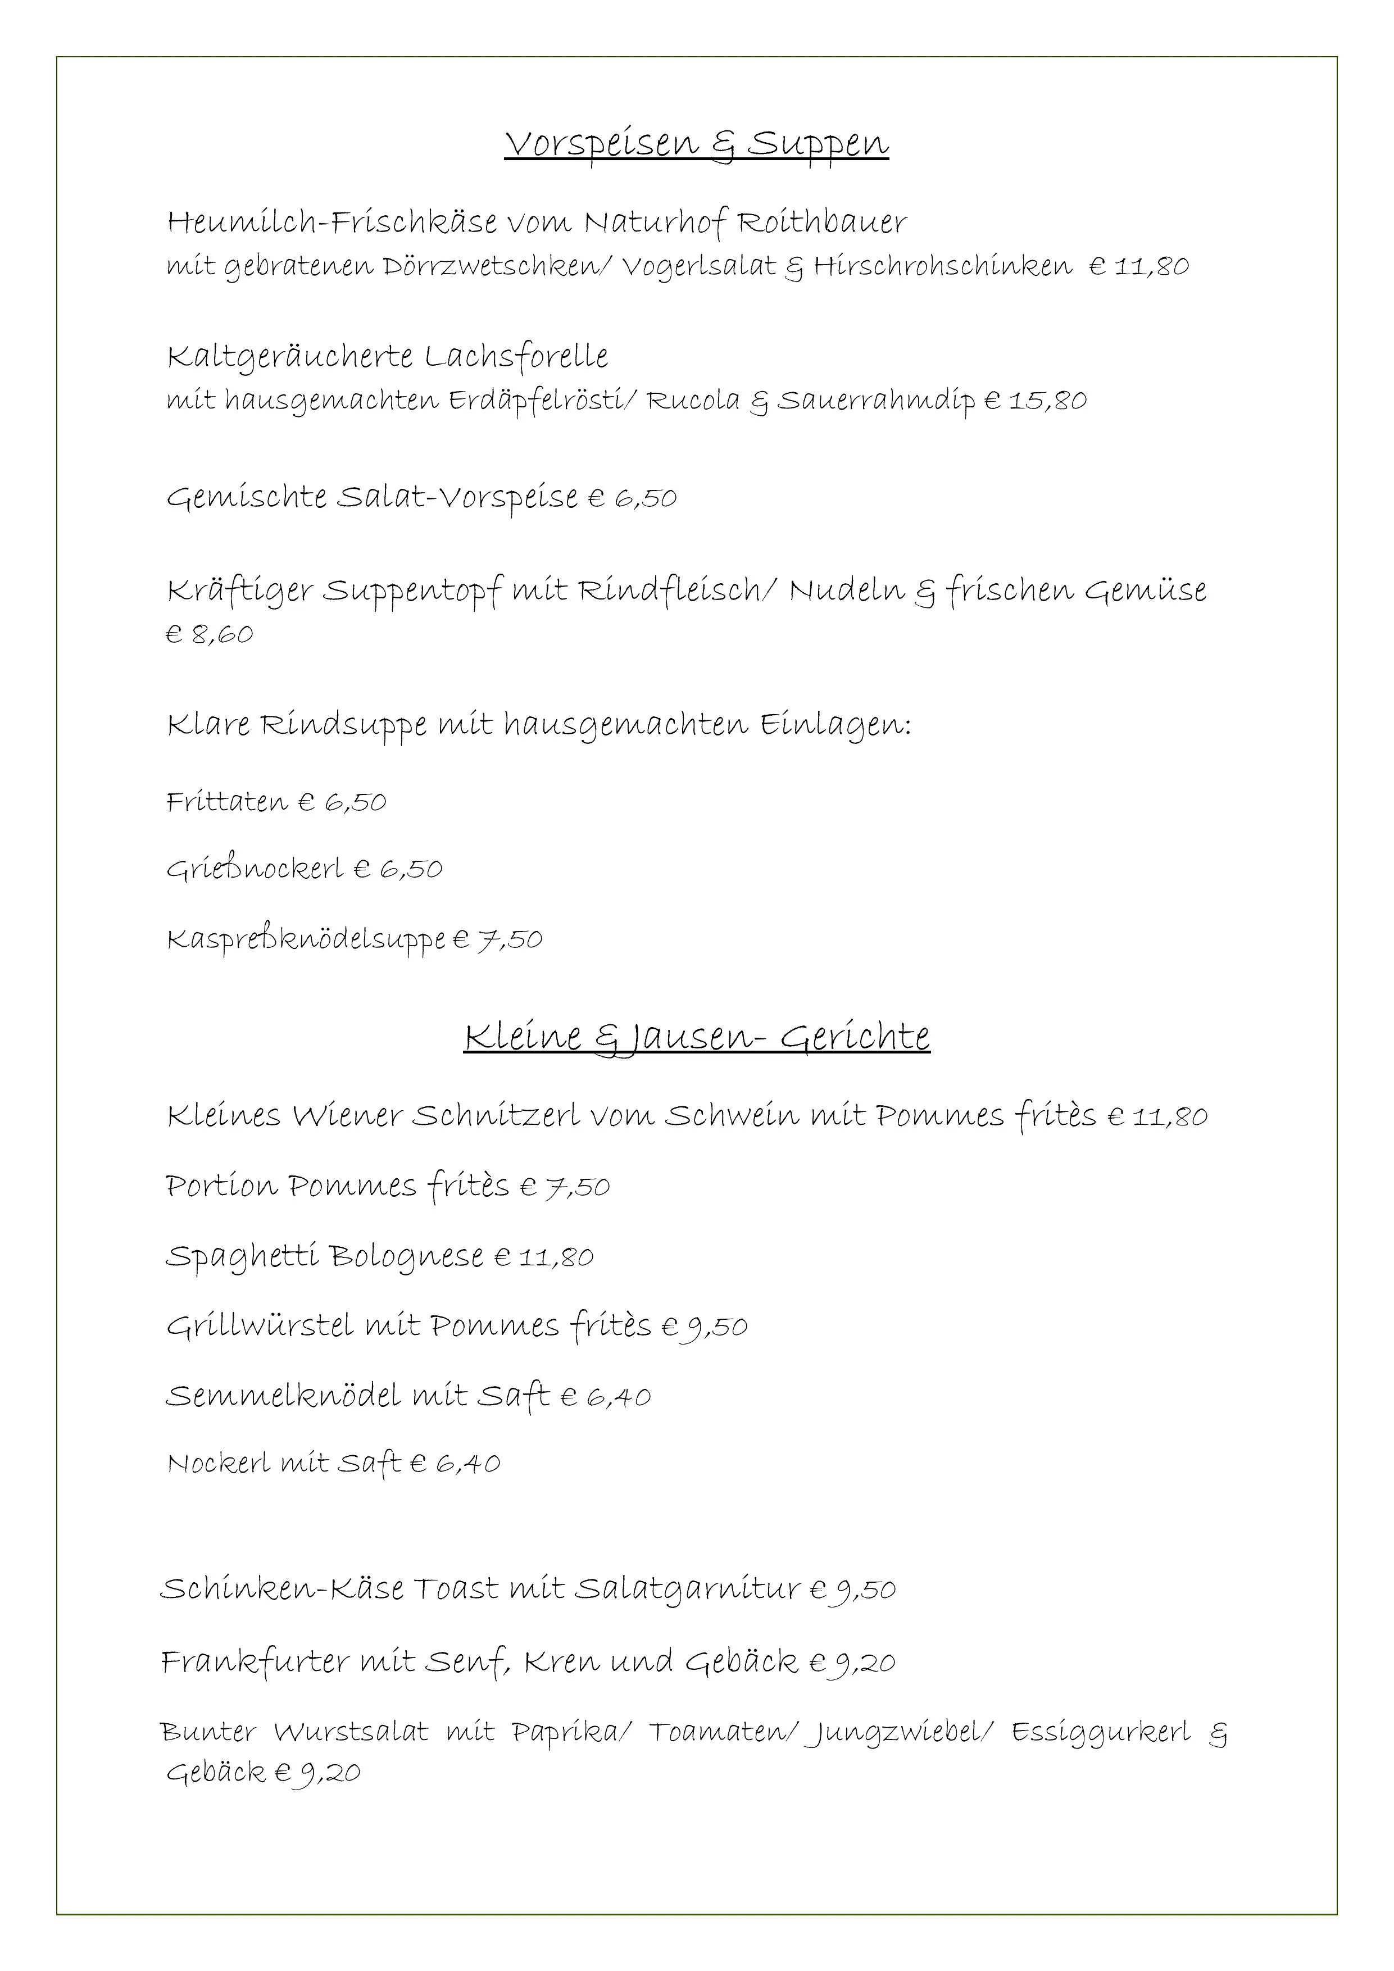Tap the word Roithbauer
pos(823,223)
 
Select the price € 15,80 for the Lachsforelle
pos(1035,400)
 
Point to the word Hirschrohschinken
pos(942,266)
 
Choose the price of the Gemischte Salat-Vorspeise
pos(633,498)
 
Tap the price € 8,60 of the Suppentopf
pos(210,634)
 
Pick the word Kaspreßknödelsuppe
pos(306,939)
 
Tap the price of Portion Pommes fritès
pos(565,1187)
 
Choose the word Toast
pos(457,1589)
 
